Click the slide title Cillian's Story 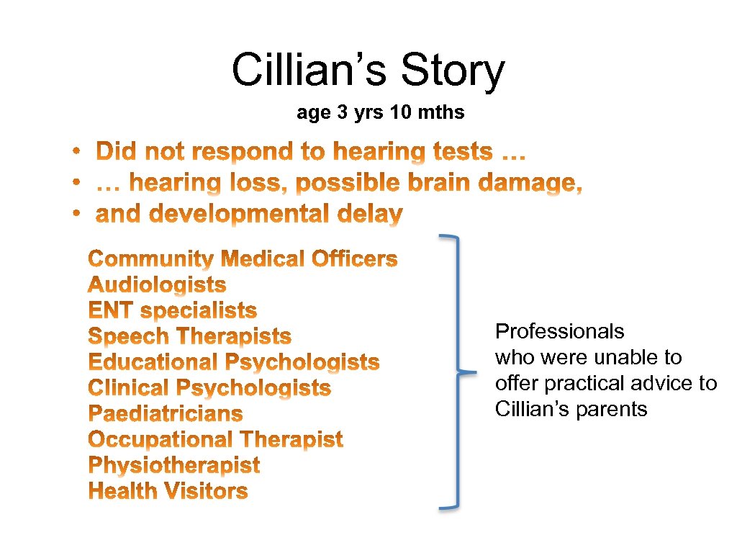[x=368, y=71]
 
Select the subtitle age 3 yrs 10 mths [x=380, y=113]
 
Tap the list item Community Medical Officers [x=243, y=259]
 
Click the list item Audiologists [x=157, y=285]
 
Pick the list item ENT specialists [x=172, y=311]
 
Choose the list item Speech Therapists [x=189, y=336]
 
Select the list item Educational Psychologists [x=233, y=362]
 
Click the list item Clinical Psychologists [x=209, y=388]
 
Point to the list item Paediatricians [x=165, y=414]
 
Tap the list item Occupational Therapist [x=215, y=439]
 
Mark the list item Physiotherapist [x=173, y=465]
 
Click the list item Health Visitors [x=168, y=491]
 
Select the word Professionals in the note [x=559, y=332]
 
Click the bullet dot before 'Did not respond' [x=76, y=152]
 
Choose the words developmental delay [x=249, y=215]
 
